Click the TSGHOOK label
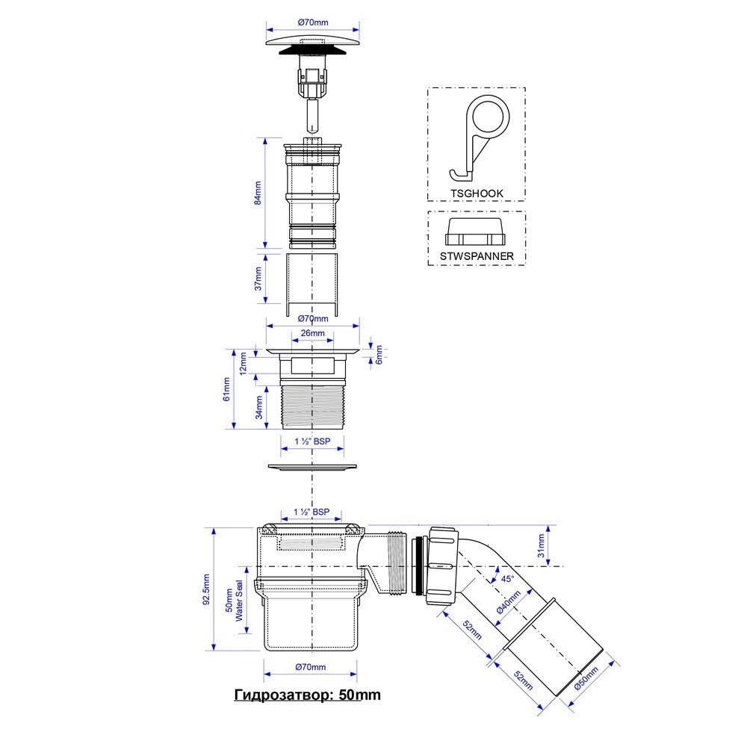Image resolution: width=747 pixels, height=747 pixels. click(x=477, y=193)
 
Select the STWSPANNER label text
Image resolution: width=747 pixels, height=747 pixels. click(x=477, y=256)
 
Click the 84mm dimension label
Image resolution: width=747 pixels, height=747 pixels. click(x=258, y=193)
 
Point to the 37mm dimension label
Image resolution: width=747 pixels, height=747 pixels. click(x=258, y=279)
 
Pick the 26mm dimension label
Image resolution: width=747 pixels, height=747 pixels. click(x=312, y=333)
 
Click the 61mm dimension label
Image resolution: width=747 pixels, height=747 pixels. click(x=227, y=389)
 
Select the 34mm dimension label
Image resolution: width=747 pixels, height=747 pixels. click(x=259, y=407)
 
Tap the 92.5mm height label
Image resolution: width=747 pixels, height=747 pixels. click(x=206, y=589)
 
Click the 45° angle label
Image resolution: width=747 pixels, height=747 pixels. click(x=508, y=579)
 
